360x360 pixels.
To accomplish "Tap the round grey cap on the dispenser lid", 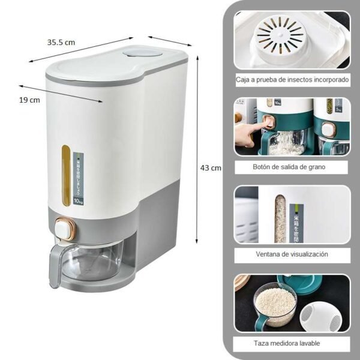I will [x=139, y=53].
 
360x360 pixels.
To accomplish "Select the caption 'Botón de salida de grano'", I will [x=292, y=166].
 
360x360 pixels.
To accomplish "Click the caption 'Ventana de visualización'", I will [x=292, y=254].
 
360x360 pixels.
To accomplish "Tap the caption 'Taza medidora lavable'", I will [x=292, y=343].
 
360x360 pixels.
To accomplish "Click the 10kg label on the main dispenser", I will [x=78, y=201].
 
